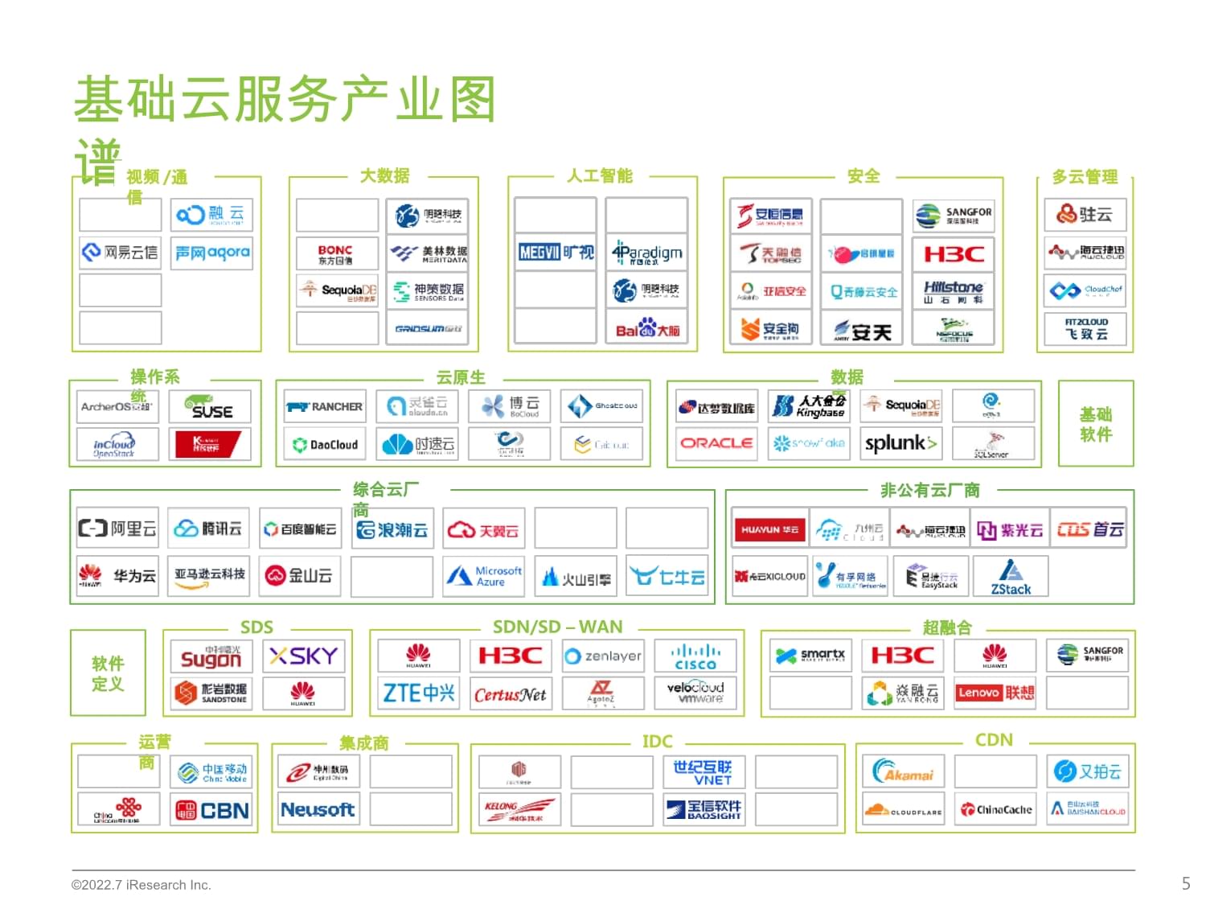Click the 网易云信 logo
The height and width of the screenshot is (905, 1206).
coord(120,253)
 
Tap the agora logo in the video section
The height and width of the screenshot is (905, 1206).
coord(213,253)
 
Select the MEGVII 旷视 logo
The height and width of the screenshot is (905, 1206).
coord(556,253)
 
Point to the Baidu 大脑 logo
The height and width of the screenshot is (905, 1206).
coord(647,329)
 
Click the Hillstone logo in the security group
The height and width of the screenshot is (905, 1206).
coord(954,291)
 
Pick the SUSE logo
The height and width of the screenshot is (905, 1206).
coord(211,407)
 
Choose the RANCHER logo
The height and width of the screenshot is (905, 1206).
coord(325,407)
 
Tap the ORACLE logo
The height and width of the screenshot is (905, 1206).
coord(716,443)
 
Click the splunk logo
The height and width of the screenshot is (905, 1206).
coord(901,443)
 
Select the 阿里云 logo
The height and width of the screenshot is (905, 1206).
coord(117,529)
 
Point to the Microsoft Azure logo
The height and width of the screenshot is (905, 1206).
coord(485,576)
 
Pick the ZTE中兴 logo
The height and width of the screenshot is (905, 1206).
coord(419,693)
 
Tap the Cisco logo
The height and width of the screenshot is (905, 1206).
coord(695,656)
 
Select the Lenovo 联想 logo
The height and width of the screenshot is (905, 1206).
coord(995,693)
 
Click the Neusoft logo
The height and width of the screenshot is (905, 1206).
coord(318,809)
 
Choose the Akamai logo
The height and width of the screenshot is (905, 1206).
coord(903,771)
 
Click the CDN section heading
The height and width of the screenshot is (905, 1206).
coord(994,740)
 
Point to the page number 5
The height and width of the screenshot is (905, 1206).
coord(1186,883)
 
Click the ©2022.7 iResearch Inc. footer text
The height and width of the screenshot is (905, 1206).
coord(142,885)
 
